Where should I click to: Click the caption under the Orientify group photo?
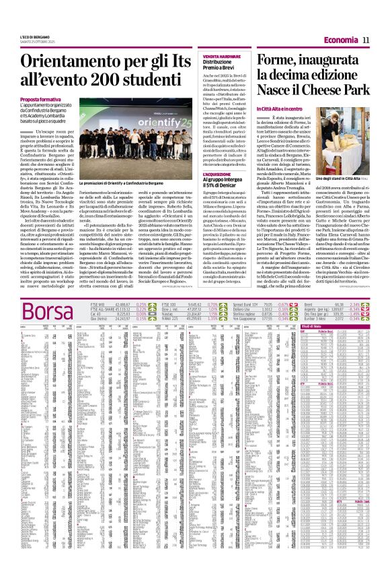coord(132,183)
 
